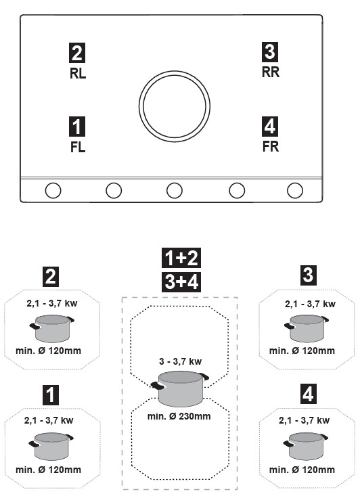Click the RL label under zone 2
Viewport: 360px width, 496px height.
[x=78, y=73]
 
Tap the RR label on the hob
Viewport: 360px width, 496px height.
[x=271, y=72]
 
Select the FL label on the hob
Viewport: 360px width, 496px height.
[x=78, y=147]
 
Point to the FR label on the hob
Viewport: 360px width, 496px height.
[x=271, y=146]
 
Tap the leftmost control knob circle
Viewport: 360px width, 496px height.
[x=53, y=190]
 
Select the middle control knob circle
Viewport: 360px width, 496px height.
[x=175, y=190]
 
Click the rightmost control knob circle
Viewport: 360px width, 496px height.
[x=295, y=190]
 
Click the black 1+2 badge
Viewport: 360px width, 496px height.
[x=181, y=258]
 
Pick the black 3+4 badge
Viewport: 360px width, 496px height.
[x=181, y=281]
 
